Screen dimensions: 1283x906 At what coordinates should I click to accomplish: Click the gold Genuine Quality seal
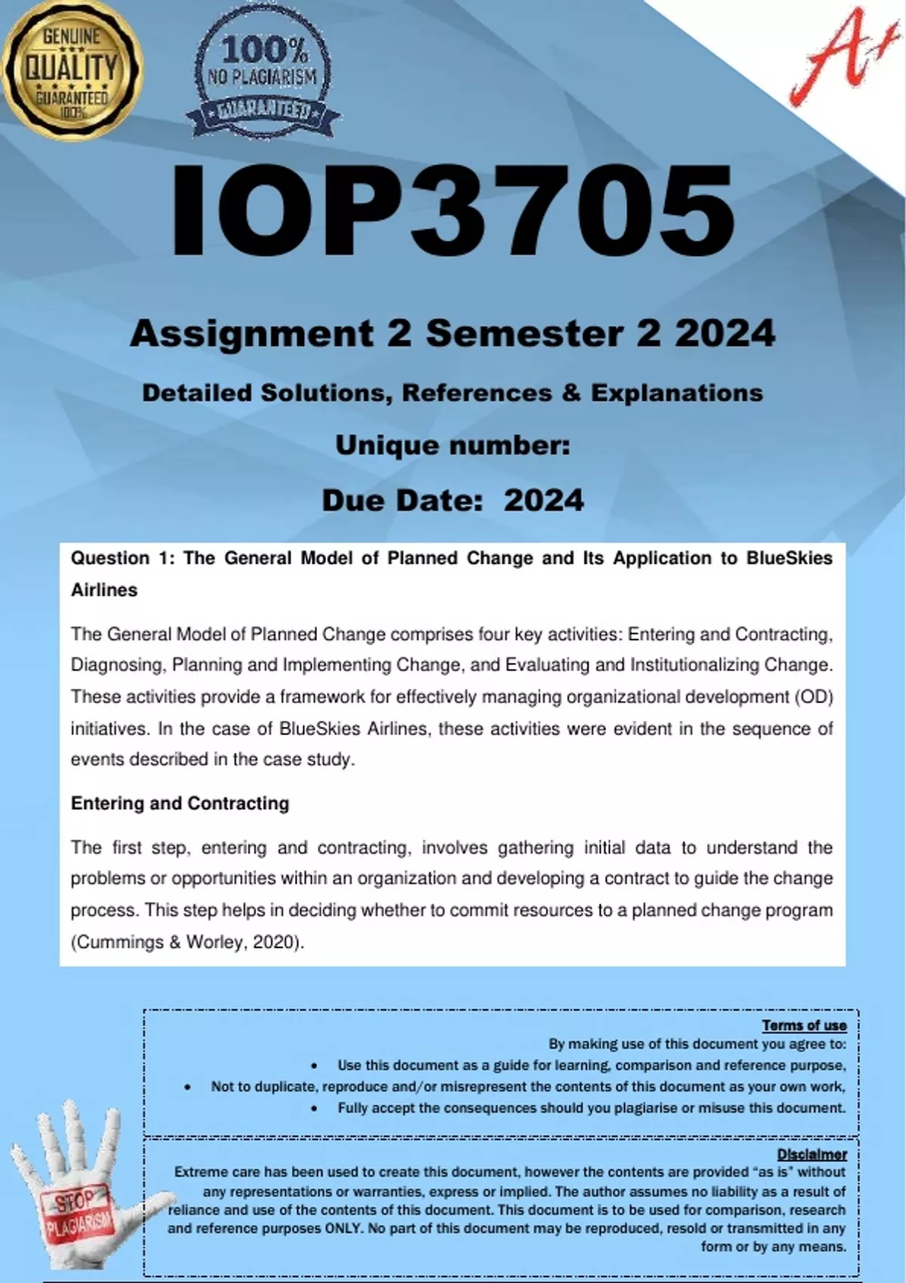click(72, 69)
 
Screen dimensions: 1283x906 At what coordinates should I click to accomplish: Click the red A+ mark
click(838, 57)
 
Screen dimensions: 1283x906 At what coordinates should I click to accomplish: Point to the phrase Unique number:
click(452, 445)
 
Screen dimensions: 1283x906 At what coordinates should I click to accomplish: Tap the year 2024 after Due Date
click(544, 500)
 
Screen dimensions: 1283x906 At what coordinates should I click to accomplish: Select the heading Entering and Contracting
click(180, 804)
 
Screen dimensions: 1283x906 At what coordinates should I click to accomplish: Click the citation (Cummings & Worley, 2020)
click(187, 942)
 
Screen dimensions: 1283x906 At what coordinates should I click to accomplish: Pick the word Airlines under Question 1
click(104, 590)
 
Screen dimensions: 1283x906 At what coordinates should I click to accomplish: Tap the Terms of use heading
click(804, 1025)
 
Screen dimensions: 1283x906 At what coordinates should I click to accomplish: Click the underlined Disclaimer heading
click(812, 1155)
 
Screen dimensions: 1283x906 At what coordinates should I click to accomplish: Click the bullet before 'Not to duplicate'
click(187, 1087)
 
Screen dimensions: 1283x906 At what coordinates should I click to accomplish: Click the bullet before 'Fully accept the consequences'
click(314, 1108)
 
